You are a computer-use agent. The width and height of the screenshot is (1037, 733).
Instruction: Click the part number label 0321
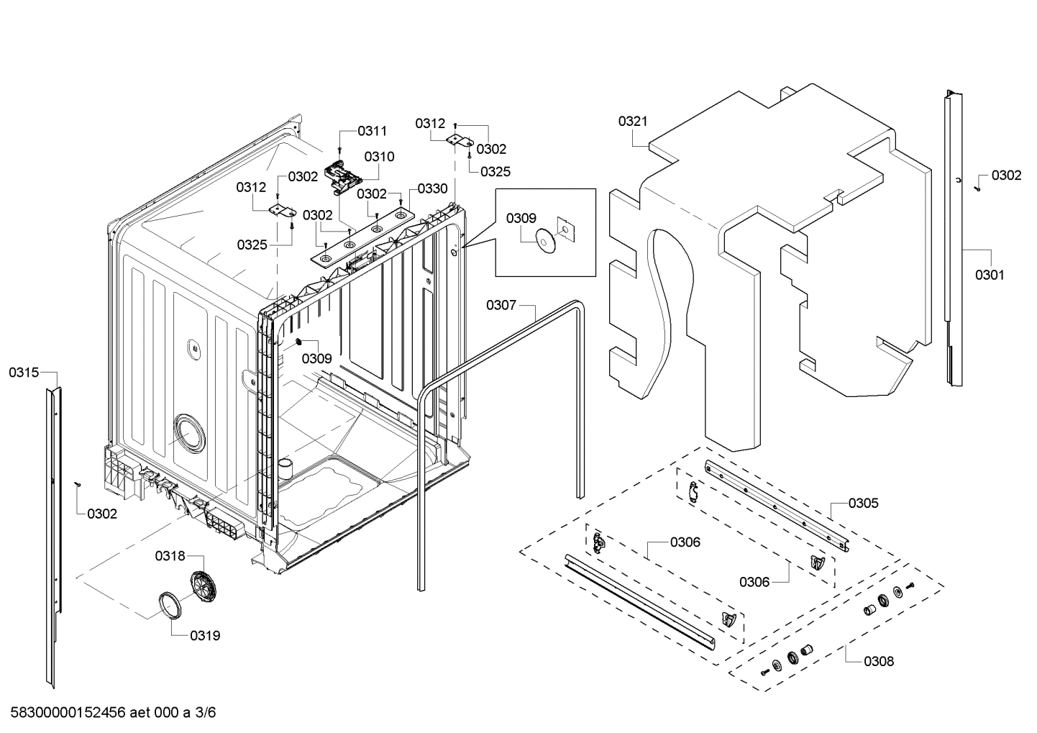[633, 122]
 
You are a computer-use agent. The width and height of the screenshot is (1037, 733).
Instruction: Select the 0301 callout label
[990, 275]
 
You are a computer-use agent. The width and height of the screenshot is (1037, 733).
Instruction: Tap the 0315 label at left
[24, 372]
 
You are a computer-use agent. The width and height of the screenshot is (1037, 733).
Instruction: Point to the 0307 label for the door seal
[501, 305]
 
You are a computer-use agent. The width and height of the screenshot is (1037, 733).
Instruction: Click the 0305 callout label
[863, 503]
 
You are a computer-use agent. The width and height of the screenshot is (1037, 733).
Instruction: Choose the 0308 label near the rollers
[879, 661]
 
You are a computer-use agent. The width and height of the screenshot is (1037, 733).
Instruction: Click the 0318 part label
[170, 555]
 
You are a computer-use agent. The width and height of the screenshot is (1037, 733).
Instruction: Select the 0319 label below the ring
[205, 636]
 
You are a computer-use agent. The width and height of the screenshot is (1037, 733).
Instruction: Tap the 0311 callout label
[373, 131]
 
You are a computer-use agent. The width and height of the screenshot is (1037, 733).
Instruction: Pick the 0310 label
[379, 157]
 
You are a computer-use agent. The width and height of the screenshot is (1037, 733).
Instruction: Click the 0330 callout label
[432, 188]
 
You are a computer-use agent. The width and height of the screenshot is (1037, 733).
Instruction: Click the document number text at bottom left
[112, 713]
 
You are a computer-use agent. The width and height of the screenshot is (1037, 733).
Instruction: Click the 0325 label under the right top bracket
[495, 171]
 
